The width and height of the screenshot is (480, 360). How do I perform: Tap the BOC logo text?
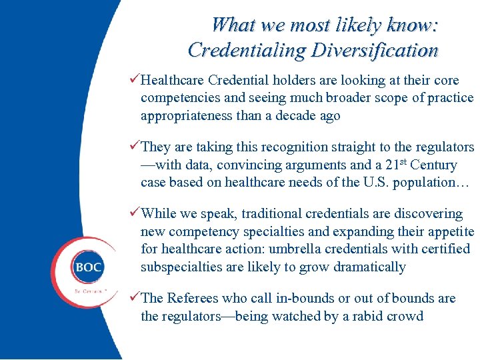(89, 267)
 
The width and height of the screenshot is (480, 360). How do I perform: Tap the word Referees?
(197, 298)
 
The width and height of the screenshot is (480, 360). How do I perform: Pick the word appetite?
(449, 231)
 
